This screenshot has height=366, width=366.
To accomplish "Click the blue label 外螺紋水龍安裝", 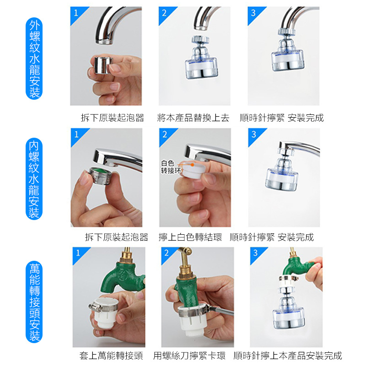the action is click(34, 59).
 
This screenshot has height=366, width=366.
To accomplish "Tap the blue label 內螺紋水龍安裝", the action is click(34, 179).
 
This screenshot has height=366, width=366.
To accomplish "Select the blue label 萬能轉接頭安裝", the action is click(34, 302).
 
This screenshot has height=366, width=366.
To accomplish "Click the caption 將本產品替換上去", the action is click(193, 118).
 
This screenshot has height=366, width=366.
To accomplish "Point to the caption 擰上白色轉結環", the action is click(190, 237).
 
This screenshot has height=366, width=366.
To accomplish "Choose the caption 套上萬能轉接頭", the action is click(111, 356).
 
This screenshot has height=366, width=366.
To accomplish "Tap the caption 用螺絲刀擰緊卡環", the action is click(189, 356).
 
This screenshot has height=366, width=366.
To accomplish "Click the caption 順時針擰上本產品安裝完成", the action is click(288, 356).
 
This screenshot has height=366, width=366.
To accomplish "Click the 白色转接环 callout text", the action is click(171, 167).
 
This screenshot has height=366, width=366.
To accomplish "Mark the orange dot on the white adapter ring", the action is click(192, 165).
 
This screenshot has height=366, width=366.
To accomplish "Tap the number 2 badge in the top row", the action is click(165, 13).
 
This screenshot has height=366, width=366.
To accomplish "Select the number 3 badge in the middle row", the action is click(254, 135).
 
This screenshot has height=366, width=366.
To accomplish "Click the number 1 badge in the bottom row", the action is click(78, 253).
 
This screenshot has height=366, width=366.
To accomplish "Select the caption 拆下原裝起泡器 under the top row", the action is click(113, 118).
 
